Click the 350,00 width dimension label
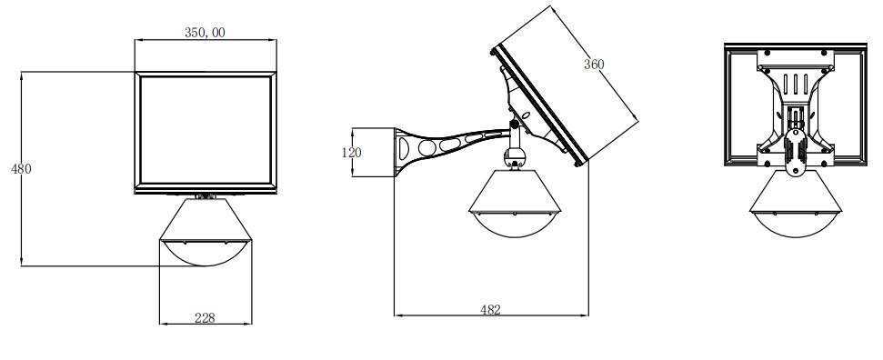click(x=205, y=33)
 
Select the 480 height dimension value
click(x=22, y=168)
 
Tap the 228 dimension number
click(x=205, y=318)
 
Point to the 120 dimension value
click(x=351, y=153)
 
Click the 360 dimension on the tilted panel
click(x=594, y=65)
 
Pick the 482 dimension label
click(x=490, y=309)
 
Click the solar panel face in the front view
click(x=206, y=130)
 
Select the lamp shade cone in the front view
click(x=206, y=219)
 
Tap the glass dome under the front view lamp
click(x=206, y=253)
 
